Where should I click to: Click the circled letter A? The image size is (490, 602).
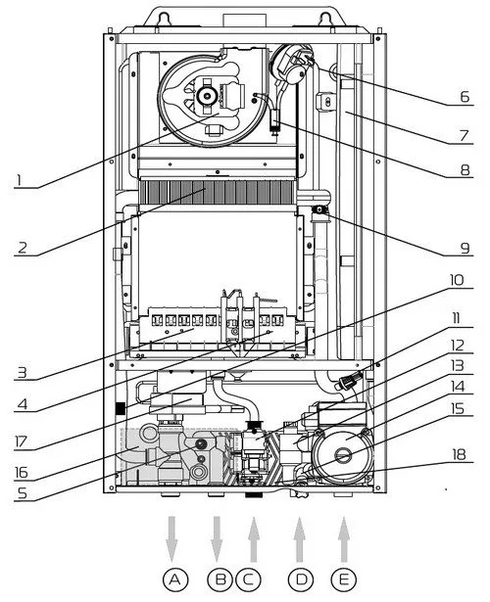click(x=174, y=579)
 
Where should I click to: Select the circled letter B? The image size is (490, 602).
click(x=220, y=579)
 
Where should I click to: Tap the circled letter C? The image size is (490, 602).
click(x=249, y=579)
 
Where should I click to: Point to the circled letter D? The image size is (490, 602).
click(x=301, y=579)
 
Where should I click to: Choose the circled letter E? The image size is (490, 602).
click(x=343, y=579)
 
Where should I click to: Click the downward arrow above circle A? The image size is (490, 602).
click(x=171, y=539)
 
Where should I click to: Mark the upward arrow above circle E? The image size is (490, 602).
click(x=344, y=539)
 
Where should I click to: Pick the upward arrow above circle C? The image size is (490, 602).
click(x=253, y=539)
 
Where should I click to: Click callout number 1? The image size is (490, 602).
click(x=18, y=180)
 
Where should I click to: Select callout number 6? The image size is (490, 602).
click(x=465, y=97)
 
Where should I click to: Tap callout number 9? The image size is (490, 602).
click(x=465, y=248)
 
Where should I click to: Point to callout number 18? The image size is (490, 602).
click(x=459, y=455)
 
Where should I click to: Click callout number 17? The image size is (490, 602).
click(x=21, y=442)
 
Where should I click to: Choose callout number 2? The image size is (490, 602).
click(x=23, y=248)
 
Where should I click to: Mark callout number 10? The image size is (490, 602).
click(x=457, y=280)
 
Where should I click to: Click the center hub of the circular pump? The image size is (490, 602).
click(x=343, y=456)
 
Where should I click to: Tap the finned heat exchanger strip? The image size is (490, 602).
click(x=218, y=193)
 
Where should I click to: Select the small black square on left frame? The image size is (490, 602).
click(x=121, y=408)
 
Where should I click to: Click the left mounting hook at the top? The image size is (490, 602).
click(x=165, y=18)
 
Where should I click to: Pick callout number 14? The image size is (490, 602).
click(x=458, y=387)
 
